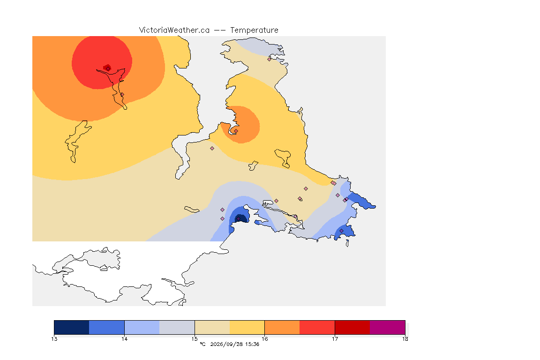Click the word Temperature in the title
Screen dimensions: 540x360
254,30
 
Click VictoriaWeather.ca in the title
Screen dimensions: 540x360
174,30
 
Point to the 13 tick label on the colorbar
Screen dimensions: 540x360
54,339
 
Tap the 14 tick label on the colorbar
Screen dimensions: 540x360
124,339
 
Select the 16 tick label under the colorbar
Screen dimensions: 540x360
264,339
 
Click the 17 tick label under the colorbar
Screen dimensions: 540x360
335,339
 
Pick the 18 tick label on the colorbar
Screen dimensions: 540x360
405,339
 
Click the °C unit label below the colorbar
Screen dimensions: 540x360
202,344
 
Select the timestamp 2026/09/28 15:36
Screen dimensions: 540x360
234,344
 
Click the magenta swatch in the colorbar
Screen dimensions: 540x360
388,327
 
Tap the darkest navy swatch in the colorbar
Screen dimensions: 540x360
72,327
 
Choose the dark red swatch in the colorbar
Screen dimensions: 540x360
352,327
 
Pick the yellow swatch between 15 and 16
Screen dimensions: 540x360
247,327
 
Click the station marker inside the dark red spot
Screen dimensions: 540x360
108,68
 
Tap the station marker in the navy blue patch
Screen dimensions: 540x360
238,219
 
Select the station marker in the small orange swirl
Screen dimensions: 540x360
236,131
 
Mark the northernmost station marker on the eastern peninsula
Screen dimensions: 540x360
270,59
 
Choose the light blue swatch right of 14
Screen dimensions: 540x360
142,327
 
